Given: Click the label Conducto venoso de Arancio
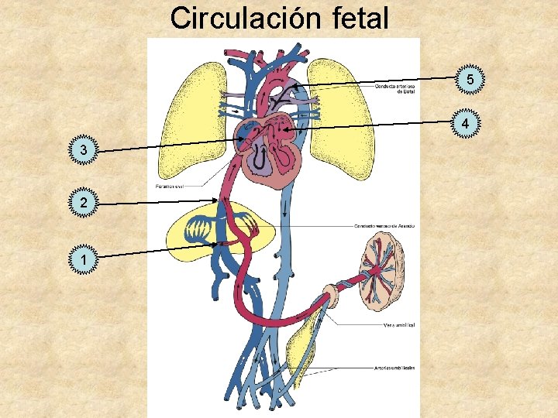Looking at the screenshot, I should point(383,225).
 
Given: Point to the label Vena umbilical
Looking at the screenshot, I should point(398,325).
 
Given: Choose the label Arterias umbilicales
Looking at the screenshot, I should point(393,367).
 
